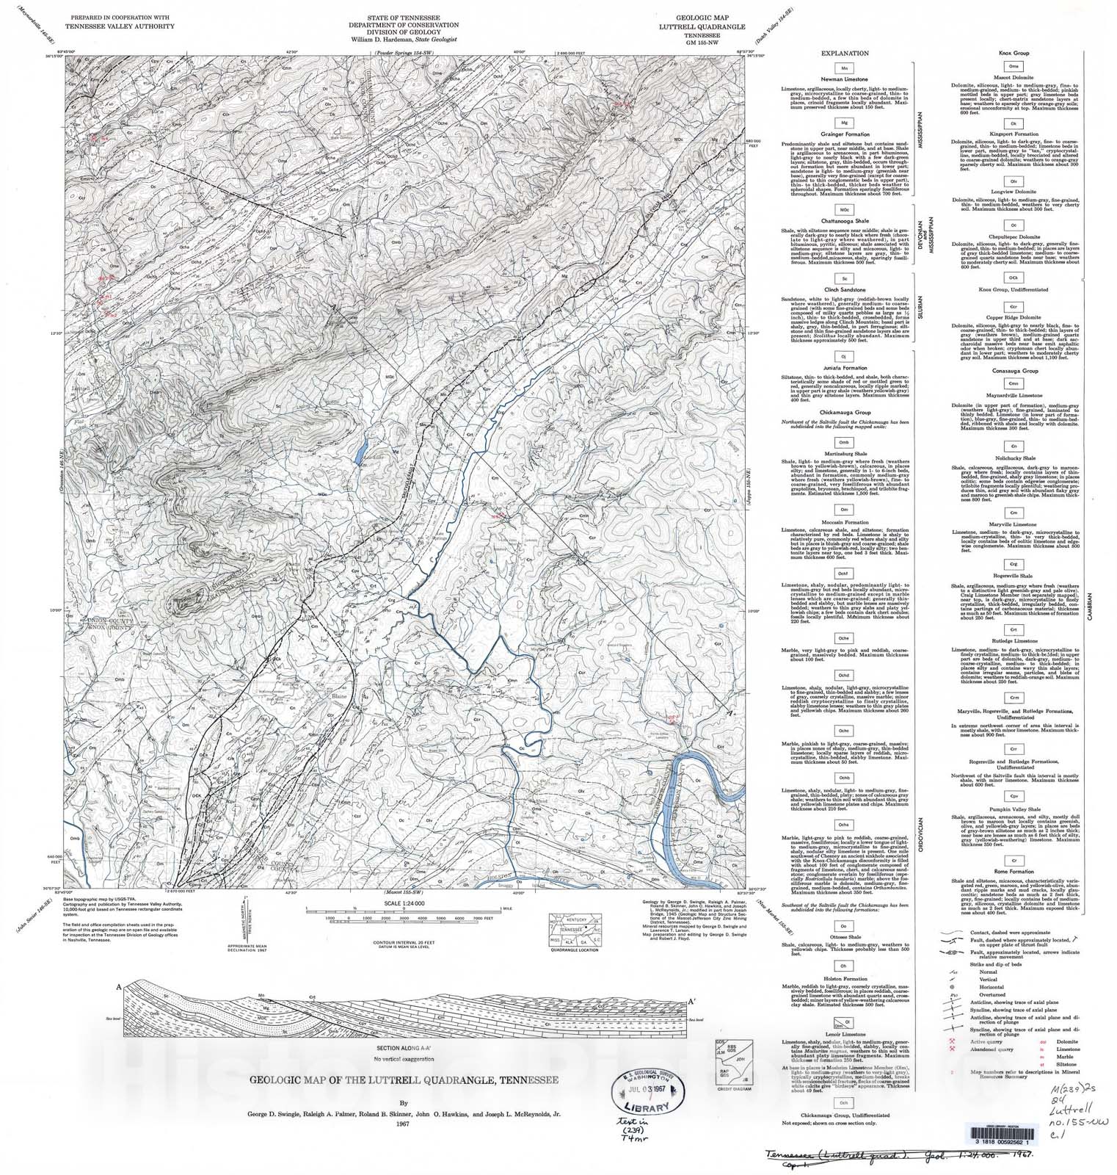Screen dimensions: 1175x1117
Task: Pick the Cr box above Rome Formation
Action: point(1014,859)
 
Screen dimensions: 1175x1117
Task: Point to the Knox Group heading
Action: point(1015,54)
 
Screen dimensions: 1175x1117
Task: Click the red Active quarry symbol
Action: point(952,1041)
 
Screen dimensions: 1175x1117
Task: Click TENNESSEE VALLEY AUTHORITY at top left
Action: point(120,26)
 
